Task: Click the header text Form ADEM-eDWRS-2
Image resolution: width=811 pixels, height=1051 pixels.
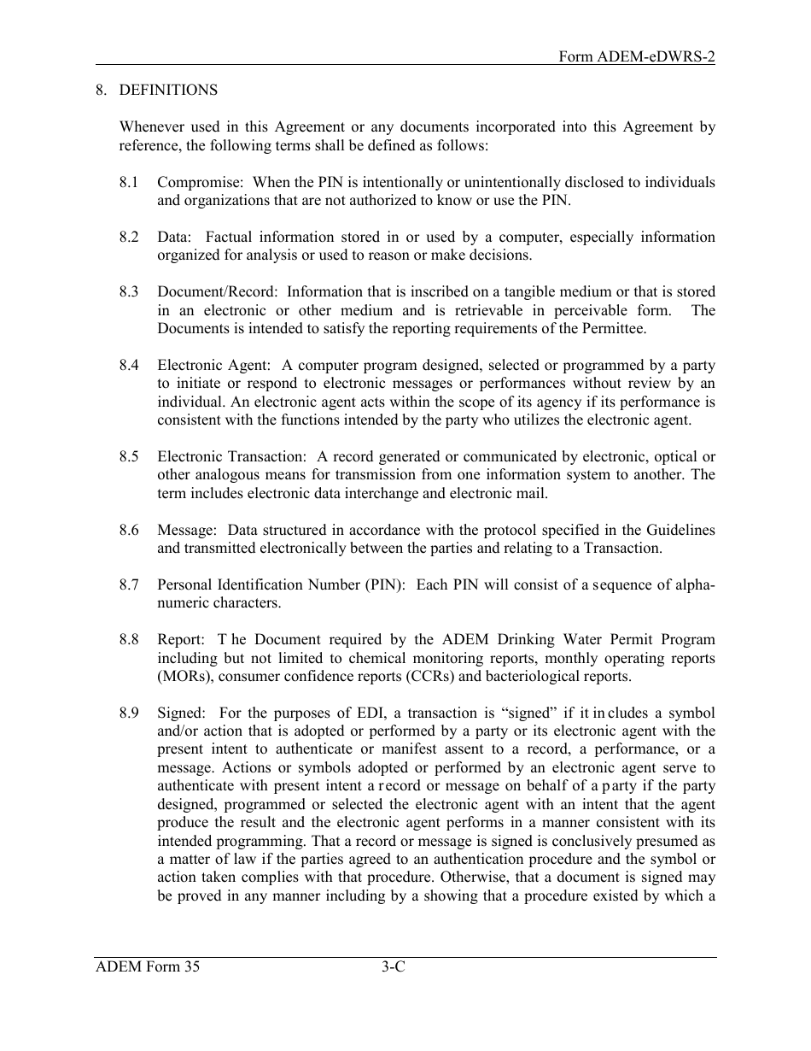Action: point(636,56)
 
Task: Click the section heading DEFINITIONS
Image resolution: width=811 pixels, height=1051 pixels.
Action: point(168,91)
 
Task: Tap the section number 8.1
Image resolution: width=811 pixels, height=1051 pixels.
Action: point(129,182)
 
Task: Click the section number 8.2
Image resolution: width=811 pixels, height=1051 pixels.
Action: point(129,237)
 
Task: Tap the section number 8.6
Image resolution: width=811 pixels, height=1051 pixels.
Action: point(129,531)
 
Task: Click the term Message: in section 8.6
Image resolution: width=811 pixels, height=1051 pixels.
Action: point(186,531)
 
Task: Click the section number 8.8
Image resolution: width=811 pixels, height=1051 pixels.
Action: point(129,640)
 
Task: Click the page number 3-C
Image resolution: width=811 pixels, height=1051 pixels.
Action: point(393,968)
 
